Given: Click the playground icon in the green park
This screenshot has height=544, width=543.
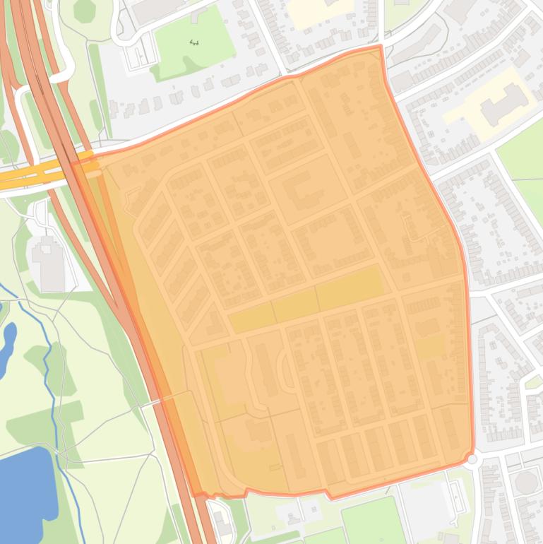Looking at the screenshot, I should pyautogui.click(x=195, y=43).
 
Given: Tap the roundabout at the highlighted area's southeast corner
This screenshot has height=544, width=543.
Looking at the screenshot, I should pyautogui.click(x=472, y=459).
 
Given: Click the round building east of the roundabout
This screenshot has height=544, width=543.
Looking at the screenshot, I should pyautogui.click(x=525, y=483).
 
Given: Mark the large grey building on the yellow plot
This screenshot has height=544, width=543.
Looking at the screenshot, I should pyautogui.click(x=503, y=105).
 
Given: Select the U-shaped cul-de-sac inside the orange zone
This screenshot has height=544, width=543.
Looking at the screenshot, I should pyautogui.click(x=286, y=371).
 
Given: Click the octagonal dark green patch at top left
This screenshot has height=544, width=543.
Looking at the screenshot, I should pyautogui.click(x=84, y=10).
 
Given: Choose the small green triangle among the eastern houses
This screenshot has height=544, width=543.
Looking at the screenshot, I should pyautogui.click(x=534, y=382).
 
